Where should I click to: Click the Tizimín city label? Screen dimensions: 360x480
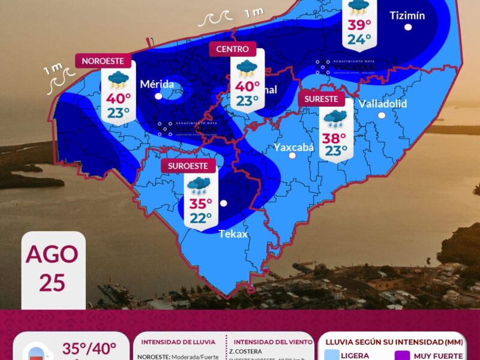(407, 16)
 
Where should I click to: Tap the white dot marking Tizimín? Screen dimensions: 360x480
(408, 27)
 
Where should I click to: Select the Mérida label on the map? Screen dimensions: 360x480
(157, 84)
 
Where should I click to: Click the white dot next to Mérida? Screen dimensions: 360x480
(158, 95)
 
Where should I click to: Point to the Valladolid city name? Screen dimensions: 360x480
(382, 104)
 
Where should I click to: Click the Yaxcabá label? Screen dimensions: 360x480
(293, 147)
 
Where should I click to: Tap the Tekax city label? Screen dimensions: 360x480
(233, 234)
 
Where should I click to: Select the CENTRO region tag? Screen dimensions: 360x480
(232, 49)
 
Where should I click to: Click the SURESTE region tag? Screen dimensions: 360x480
(322, 99)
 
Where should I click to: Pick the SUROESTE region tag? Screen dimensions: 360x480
(188, 165)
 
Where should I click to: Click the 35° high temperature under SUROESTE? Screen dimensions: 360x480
(201, 203)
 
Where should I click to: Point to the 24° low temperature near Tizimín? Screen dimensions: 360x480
(359, 40)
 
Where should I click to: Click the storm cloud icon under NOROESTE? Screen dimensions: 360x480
(118, 78)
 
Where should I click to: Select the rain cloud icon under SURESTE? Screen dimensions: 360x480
(336, 119)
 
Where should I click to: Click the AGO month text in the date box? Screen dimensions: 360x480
(52, 254)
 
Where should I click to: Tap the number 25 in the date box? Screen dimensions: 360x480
(52, 282)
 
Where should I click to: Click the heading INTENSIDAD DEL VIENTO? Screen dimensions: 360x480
(269, 342)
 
